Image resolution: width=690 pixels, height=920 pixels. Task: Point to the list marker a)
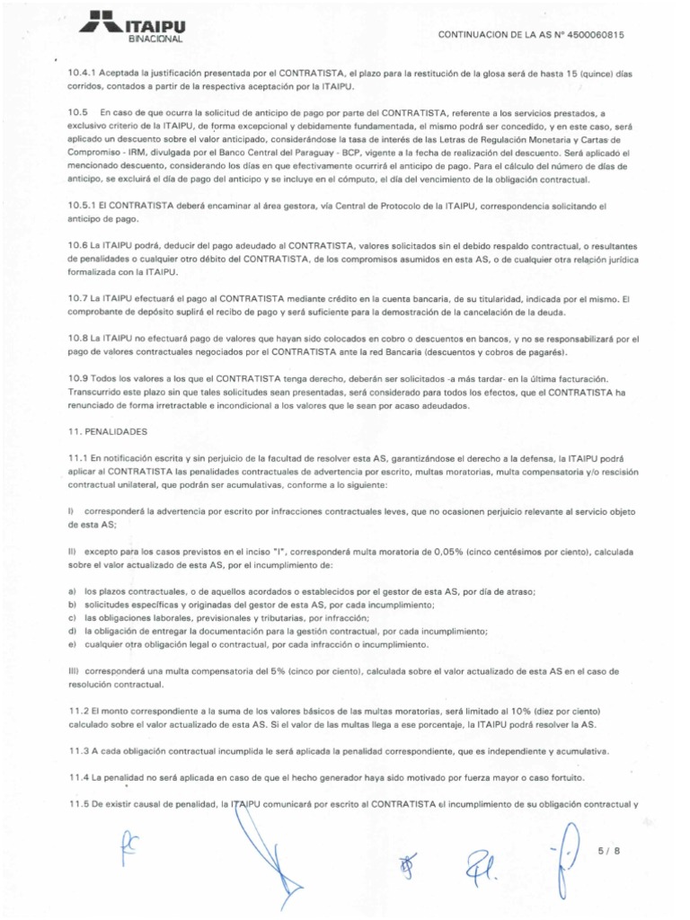tap(72, 591)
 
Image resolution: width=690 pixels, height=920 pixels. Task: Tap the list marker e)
tap(72, 645)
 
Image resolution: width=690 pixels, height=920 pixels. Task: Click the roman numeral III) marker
tap(75, 671)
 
